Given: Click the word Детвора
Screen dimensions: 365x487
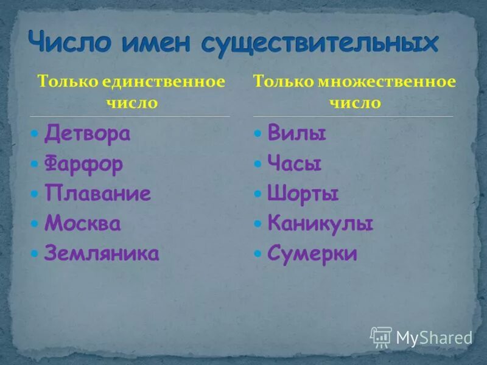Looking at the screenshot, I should (87, 134).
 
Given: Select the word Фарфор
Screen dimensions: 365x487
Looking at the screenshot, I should (83, 164).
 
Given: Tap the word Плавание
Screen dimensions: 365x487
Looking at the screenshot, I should (97, 194).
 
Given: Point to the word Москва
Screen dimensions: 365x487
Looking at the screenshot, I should (83, 224).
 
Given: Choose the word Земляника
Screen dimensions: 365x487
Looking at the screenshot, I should (102, 254).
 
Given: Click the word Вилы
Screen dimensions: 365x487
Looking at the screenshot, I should (296, 134).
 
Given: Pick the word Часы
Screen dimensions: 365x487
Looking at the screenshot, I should (295, 164).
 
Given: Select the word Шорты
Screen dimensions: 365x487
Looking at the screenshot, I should (303, 194).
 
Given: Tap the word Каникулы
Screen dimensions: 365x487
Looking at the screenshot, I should (320, 224).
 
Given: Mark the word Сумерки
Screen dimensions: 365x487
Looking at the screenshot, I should (312, 254).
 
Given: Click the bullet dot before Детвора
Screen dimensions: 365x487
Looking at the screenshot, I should (36, 134).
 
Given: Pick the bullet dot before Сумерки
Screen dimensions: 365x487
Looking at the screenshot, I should (259, 254).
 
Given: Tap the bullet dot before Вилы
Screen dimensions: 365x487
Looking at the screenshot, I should (259, 134).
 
